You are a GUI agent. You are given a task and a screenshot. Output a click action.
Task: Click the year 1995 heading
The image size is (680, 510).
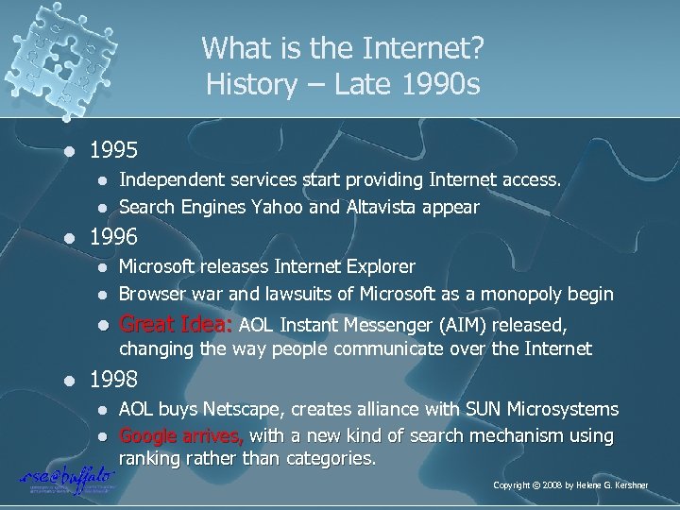click(113, 149)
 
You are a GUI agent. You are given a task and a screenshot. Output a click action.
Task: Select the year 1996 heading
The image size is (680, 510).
click(113, 236)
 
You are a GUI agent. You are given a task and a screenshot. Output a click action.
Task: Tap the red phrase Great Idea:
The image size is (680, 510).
click(177, 326)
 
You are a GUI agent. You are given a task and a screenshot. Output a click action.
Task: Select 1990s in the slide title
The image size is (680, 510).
click(438, 85)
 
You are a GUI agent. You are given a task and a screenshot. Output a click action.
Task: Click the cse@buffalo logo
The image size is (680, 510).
click(67, 478)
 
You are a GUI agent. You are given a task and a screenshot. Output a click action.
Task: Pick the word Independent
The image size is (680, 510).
click(166, 180)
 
